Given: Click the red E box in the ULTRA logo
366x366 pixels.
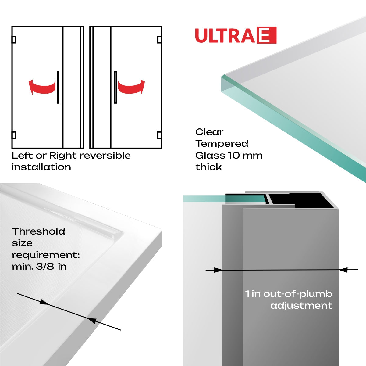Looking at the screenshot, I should click(x=267, y=35).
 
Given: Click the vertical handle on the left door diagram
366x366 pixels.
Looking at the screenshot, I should click(x=58, y=87).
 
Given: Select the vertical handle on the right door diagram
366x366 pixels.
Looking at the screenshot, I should click(x=115, y=87).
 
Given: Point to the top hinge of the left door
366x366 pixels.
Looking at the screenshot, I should click(x=14, y=40).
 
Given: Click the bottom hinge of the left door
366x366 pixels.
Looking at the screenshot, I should click(x=14, y=135).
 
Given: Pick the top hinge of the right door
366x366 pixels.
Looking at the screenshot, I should click(x=159, y=40).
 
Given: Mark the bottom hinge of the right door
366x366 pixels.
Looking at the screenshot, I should click(x=159, y=135).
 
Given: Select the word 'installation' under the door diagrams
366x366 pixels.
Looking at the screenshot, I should click(x=41, y=167).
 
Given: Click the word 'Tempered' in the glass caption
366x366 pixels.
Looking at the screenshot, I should click(x=222, y=144).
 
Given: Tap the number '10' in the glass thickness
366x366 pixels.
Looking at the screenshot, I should click(x=234, y=156).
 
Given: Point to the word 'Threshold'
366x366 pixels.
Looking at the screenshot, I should click(x=38, y=231).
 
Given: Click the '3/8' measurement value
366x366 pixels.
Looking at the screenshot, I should click(x=45, y=267).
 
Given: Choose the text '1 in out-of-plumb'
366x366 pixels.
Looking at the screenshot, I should click(x=289, y=294).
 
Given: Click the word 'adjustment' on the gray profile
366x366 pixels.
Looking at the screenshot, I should click(x=301, y=306).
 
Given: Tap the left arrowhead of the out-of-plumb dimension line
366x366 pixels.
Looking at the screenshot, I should click(x=218, y=270).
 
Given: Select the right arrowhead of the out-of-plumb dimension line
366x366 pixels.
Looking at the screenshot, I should click(x=343, y=270).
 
